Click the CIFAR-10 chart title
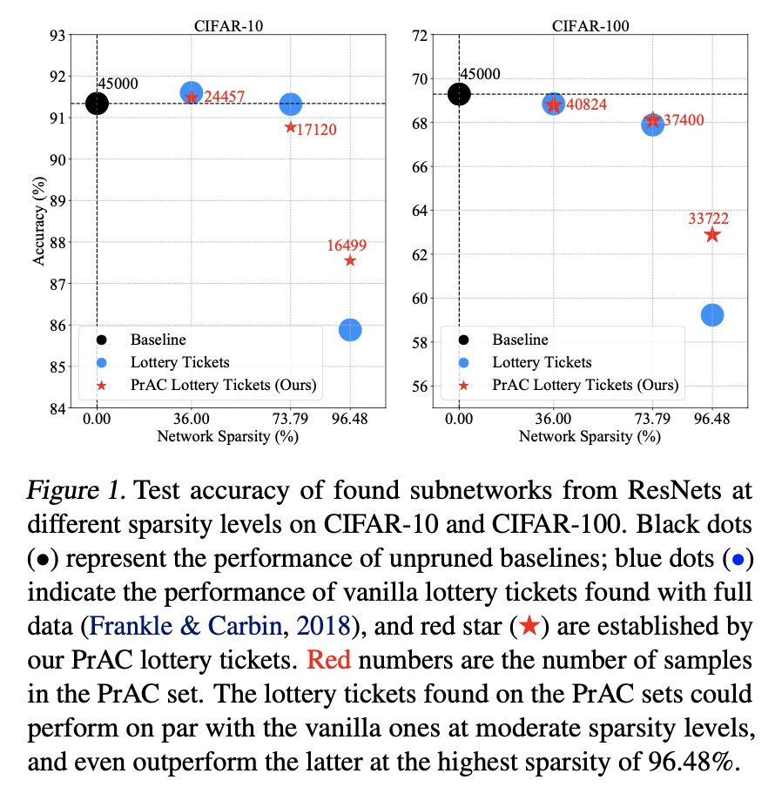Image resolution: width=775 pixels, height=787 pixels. pyautogui.click(x=228, y=25)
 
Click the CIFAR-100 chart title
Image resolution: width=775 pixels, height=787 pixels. pyautogui.click(x=590, y=25)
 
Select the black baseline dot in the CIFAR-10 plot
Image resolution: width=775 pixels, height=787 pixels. pyautogui.click(x=97, y=104)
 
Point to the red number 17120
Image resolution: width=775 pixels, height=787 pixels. pyautogui.click(x=311, y=131)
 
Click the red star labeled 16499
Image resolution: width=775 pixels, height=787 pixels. pyautogui.click(x=350, y=260)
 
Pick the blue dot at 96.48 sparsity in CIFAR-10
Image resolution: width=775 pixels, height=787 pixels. pyautogui.click(x=350, y=329)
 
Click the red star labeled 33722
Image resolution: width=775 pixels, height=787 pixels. pyautogui.click(x=712, y=234)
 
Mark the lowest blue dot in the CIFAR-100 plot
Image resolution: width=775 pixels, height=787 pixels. pyautogui.click(x=712, y=315)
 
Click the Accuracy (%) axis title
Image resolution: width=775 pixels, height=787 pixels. pyautogui.click(x=38, y=222)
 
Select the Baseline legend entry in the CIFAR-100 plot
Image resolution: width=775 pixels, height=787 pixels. pyautogui.click(x=520, y=340)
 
